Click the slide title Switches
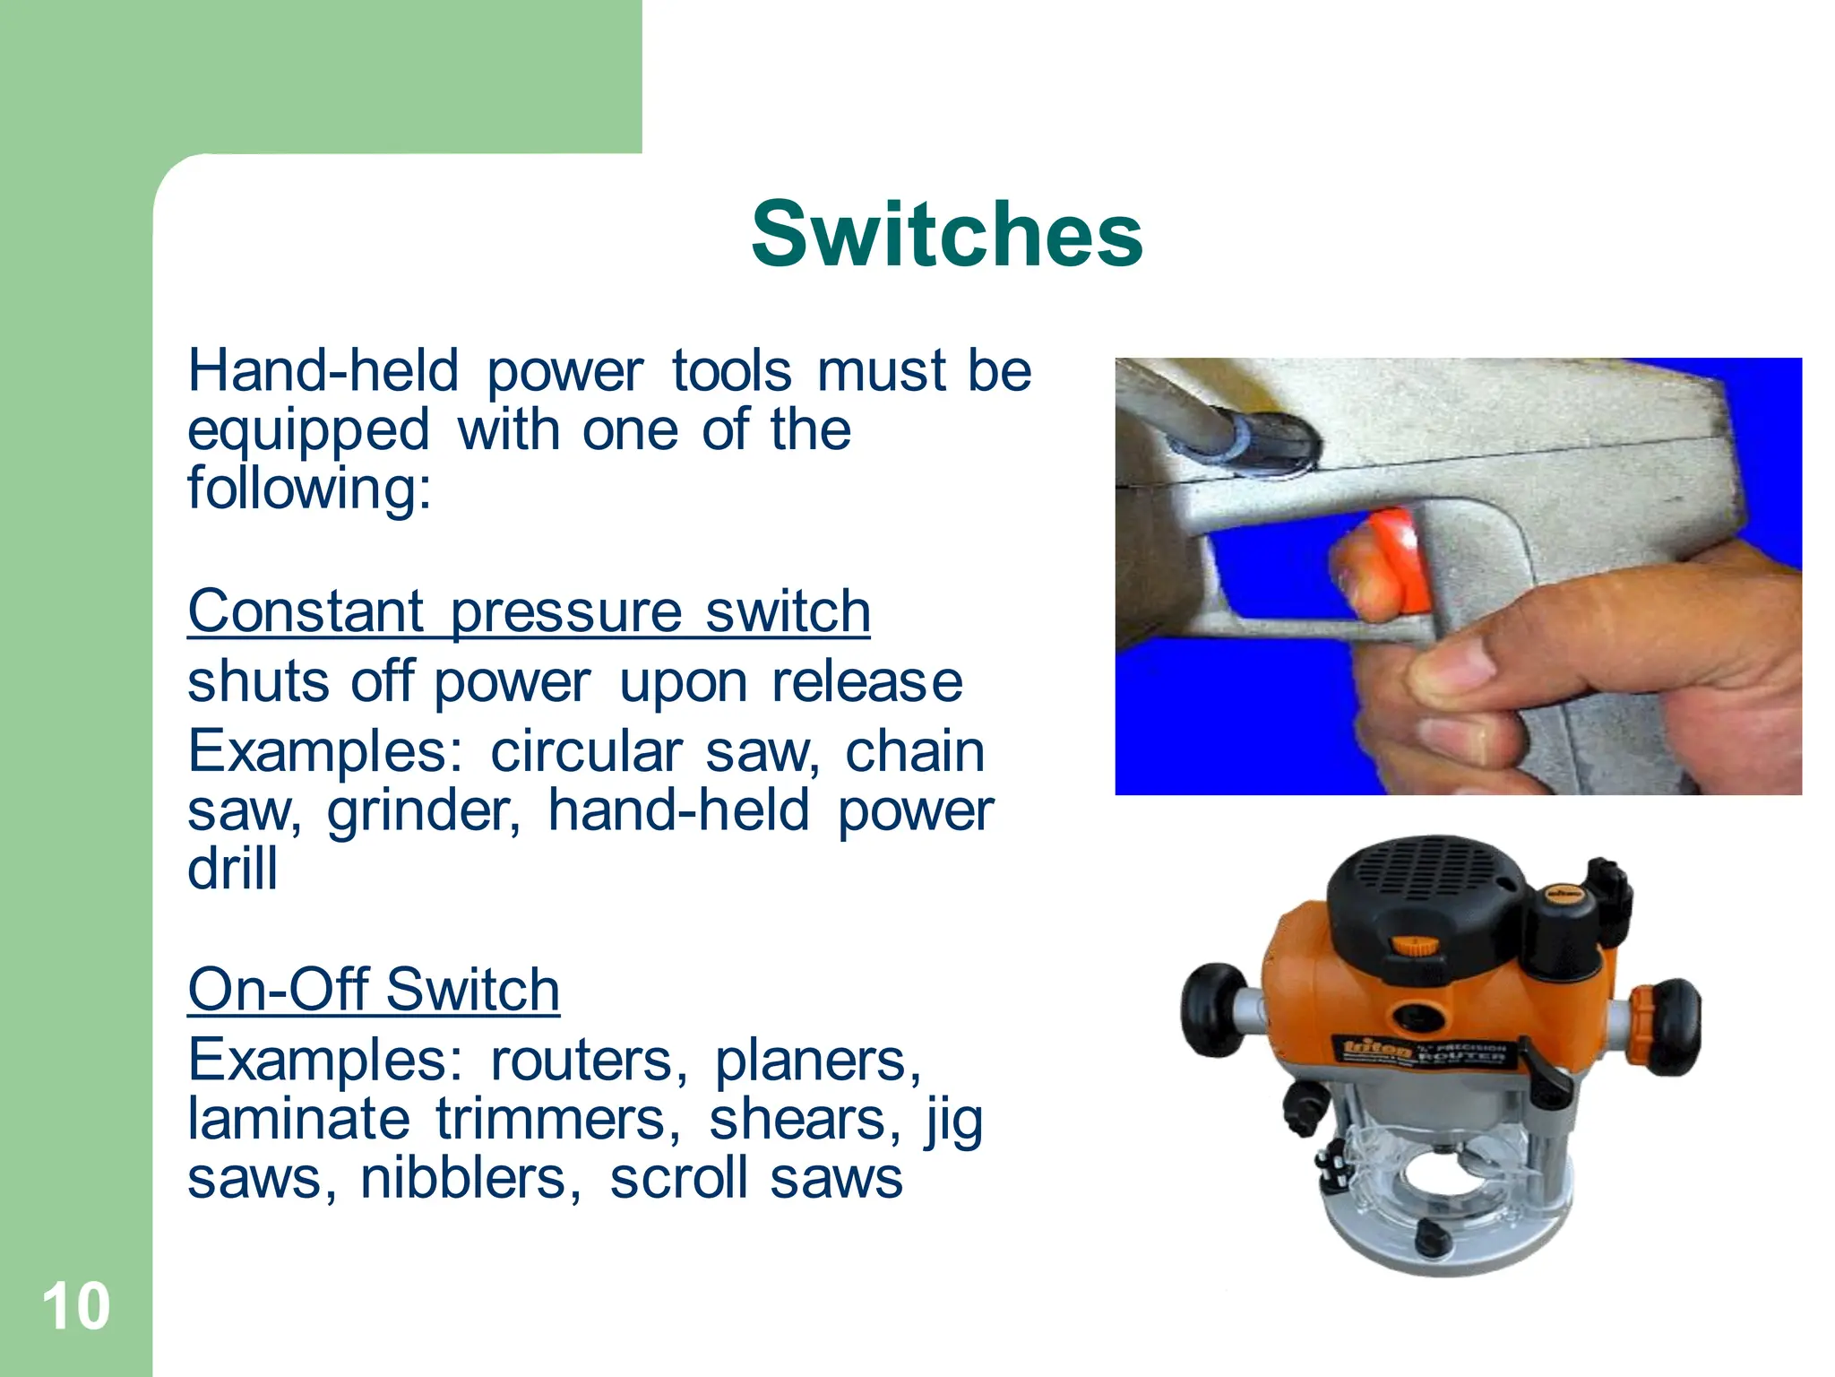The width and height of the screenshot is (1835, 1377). coord(946,234)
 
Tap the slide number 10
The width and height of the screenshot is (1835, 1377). coord(76,1306)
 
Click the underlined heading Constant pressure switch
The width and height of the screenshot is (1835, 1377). coord(529,612)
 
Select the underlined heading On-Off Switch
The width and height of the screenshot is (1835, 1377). coord(374,991)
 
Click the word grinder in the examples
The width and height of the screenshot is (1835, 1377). coord(423,811)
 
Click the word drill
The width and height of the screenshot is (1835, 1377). coord(233,869)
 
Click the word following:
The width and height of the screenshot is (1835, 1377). coord(309,489)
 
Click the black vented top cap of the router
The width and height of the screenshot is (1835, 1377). coord(1425,888)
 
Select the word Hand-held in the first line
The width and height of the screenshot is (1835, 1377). coord(323,371)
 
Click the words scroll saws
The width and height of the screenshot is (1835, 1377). coord(755,1178)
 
